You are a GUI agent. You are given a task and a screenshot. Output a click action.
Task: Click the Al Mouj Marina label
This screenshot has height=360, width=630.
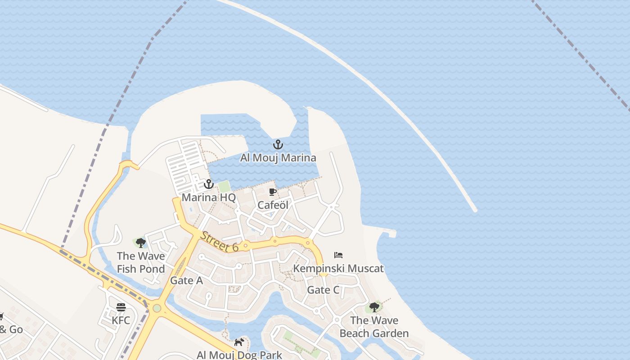(x=278, y=158)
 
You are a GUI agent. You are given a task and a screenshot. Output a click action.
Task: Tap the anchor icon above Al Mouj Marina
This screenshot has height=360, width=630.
(x=278, y=145)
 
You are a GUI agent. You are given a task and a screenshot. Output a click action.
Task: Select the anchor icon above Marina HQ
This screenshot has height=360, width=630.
(x=208, y=184)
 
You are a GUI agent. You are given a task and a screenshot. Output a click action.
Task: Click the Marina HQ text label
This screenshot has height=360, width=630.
(x=208, y=198)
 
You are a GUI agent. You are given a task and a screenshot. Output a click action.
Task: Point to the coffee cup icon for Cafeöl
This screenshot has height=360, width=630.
(x=272, y=192)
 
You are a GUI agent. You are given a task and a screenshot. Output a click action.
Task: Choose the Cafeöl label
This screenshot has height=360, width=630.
(x=273, y=205)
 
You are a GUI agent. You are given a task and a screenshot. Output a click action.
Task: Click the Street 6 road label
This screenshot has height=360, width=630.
(x=220, y=242)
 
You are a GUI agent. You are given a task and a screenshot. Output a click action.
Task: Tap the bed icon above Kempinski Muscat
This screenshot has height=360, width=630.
(x=338, y=255)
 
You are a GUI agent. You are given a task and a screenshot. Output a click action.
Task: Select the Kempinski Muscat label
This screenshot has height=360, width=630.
(x=338, y=269)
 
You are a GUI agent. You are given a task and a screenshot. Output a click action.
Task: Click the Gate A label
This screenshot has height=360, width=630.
(x=186, y=281)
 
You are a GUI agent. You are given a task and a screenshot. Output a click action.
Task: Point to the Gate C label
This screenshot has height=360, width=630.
(x=323, y=290)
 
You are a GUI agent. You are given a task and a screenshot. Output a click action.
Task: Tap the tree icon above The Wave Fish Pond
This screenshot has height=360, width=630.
(x=140, y=243)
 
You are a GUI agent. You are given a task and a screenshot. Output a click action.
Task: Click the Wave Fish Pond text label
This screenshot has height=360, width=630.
(x=141, y=263)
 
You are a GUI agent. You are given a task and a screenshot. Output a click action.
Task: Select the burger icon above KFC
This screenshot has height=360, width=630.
(x=121, y=307)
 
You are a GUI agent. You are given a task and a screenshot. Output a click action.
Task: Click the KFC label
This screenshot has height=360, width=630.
(x=121, y=321)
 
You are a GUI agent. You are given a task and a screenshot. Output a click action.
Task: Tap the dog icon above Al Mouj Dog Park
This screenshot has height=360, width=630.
(x=239, y=342)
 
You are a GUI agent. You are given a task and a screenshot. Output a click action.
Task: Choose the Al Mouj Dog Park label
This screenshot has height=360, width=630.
(x=239, y=355)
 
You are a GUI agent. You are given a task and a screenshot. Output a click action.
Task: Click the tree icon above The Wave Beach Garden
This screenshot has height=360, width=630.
(x=374, y=307)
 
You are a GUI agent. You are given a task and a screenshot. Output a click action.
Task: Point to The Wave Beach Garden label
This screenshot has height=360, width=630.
(x=374, y=327)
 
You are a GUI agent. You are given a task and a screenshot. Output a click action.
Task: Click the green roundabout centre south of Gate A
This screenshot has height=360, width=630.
(x=157, y=308)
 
